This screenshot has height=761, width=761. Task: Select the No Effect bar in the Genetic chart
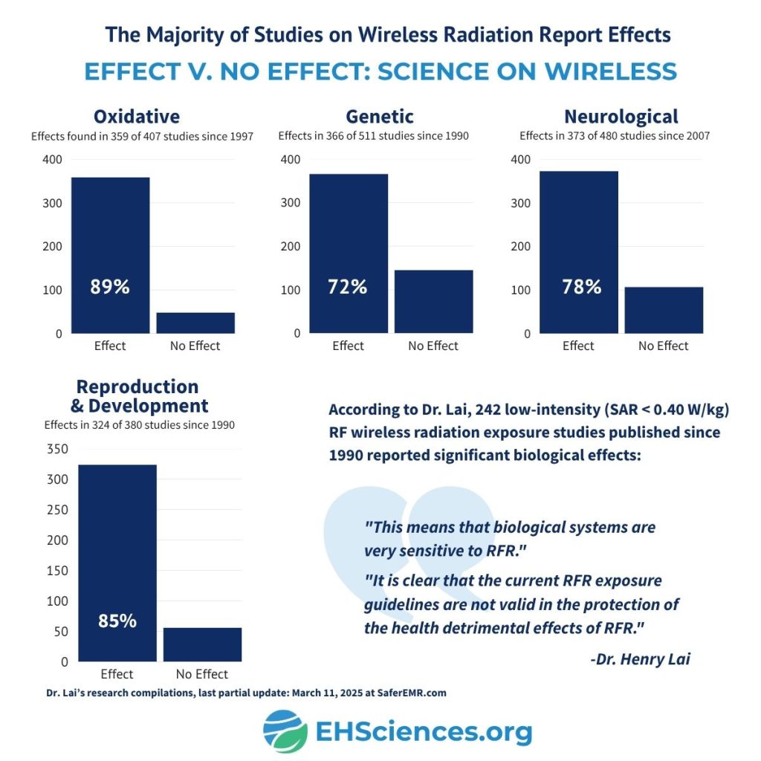(x=433, y=301)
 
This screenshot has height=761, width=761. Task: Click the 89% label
(x=110, y=287)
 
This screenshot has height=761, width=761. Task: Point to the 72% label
(x=347, y=287)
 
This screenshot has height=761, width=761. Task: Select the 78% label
(x=581, y=287)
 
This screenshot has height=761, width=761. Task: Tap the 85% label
(x=117, y=621)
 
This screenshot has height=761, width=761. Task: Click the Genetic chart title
(x=380, y=117)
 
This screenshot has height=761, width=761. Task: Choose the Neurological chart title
(x=621, y=117)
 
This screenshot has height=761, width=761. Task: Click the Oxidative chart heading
(x=137, y=117)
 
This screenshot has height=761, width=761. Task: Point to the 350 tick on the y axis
(x=57, y=449)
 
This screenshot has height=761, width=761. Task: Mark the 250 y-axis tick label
(x=57, y=510)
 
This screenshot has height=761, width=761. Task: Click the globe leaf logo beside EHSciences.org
(x=285, y=731)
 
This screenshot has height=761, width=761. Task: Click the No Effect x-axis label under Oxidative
(x=195, y=346)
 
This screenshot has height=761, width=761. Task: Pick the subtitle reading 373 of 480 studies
(x=614, y=136)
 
